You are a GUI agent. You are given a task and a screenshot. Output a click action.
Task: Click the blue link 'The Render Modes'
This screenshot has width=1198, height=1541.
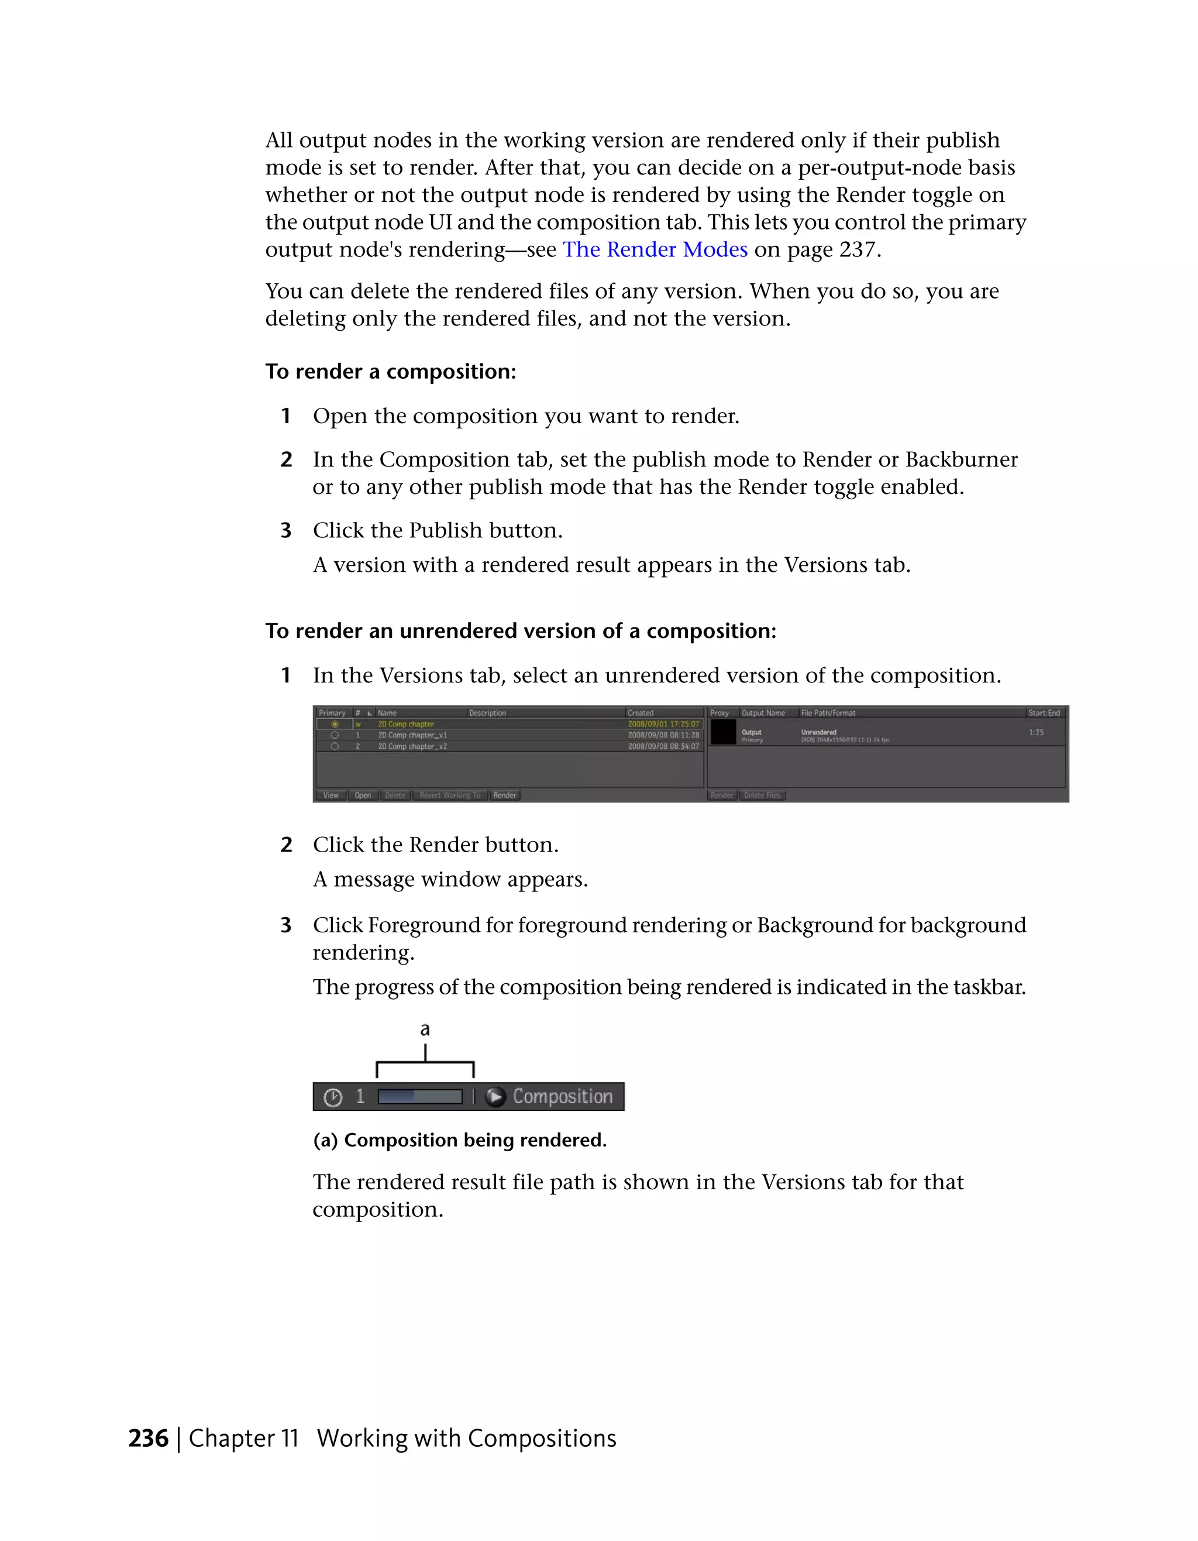coord(655,250)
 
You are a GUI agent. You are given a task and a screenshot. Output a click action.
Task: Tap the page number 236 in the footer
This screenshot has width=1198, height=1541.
coord(148,1438)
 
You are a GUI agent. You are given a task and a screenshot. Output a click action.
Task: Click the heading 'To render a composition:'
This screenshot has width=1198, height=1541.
coord(390,372)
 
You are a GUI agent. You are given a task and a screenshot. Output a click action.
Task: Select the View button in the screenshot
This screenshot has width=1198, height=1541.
coord(331,795)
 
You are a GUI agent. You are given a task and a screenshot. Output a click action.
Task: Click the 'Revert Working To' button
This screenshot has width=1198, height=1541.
coord(449,795)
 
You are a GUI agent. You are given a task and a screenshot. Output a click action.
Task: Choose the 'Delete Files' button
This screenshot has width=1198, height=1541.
coord(762,795)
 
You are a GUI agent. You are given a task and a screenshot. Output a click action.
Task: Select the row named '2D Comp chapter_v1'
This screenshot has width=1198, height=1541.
coord(412,735)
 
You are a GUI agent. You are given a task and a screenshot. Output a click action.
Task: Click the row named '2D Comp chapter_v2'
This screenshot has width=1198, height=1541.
coord(412,747)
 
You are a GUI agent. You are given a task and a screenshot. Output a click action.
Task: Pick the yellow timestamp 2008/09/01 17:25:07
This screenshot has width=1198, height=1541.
coord(663,724)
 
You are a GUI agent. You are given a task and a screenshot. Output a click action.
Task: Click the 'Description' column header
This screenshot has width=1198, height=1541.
coord(488,713)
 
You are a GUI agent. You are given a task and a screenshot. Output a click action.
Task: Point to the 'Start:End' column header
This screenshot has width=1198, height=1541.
coord(1044,713)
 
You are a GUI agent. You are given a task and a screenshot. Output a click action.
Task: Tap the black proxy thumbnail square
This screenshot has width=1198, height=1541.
coord(723,732)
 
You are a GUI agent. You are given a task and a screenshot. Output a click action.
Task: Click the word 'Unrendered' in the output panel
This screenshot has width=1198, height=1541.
coord(818,732)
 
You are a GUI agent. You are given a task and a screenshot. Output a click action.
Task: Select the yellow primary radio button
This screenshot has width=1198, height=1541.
coord(335,724)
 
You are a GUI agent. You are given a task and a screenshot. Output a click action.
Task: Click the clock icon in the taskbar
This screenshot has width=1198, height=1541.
coord(333,1097)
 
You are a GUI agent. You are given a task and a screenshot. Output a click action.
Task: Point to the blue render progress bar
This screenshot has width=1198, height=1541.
coord(419,1096)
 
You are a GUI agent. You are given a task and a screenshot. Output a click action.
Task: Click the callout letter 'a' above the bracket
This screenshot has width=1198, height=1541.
coord(425,1029)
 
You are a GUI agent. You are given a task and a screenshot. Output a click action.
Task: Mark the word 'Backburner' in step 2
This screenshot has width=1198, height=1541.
coord(961,459)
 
